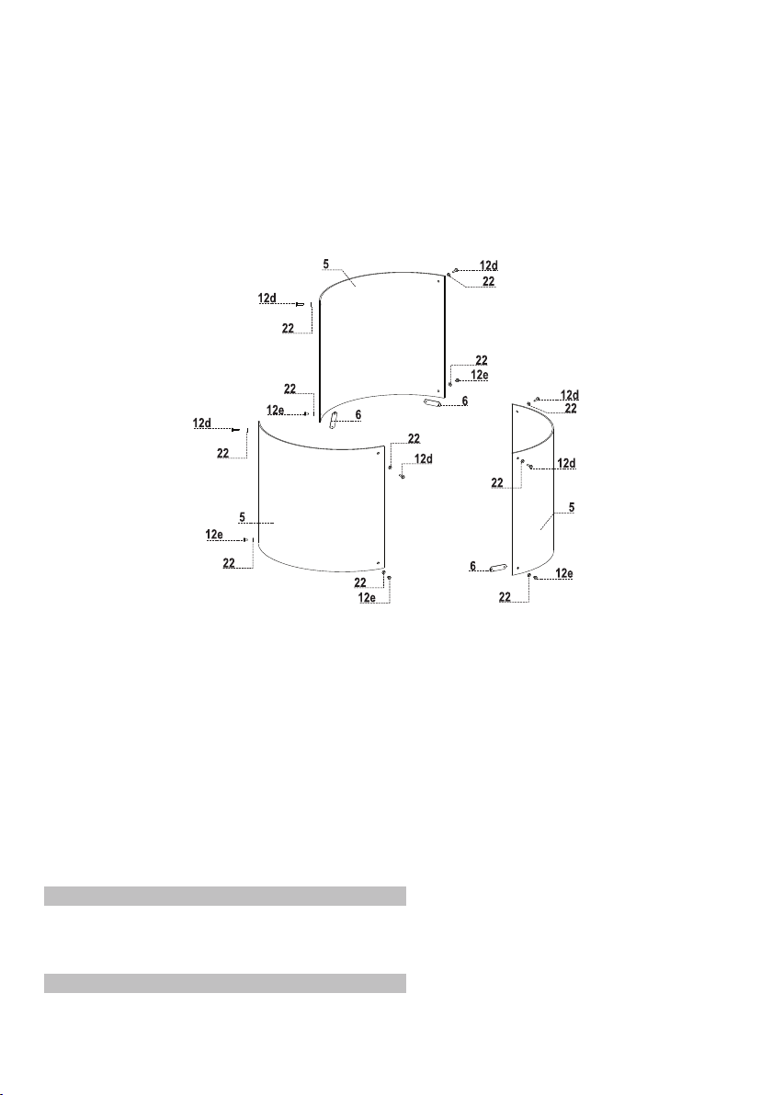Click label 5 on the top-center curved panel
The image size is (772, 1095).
[325, 264]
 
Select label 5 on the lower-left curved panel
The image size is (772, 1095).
[243, 517]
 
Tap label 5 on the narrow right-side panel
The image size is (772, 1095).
[572, 508]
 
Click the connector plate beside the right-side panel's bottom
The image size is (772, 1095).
[498, 569]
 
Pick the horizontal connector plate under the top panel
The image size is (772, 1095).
[433, 403]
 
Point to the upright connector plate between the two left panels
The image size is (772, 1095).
[334, 421]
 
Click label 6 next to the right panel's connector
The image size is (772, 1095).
[473, 567]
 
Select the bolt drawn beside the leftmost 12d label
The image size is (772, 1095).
[235, 430]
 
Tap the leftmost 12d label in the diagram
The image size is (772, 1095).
[202, 423]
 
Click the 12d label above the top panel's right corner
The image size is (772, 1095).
[489, 265]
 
